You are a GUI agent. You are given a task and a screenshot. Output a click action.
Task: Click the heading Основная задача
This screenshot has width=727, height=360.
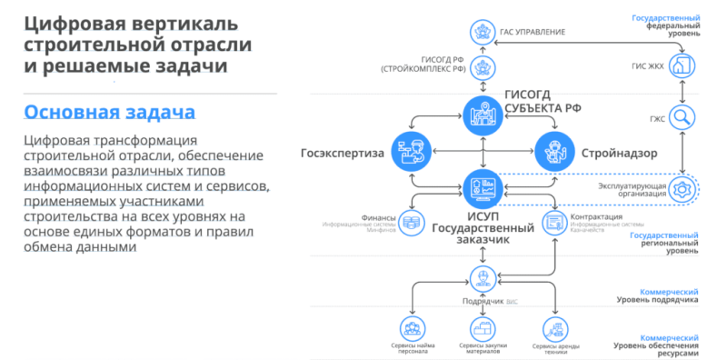108,112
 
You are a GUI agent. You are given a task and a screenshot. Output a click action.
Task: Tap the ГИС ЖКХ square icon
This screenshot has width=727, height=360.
681,66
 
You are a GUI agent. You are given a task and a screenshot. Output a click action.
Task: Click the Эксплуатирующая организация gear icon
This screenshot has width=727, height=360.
682,188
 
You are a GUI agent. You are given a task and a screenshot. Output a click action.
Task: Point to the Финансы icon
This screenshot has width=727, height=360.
413,222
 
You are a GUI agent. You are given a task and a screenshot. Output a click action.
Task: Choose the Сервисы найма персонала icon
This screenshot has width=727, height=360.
413,328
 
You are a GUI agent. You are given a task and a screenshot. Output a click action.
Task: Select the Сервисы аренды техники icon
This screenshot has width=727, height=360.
553,328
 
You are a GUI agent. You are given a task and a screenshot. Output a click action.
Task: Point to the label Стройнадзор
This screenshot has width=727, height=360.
622,153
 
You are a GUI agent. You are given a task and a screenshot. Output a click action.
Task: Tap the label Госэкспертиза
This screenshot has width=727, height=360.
337,153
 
